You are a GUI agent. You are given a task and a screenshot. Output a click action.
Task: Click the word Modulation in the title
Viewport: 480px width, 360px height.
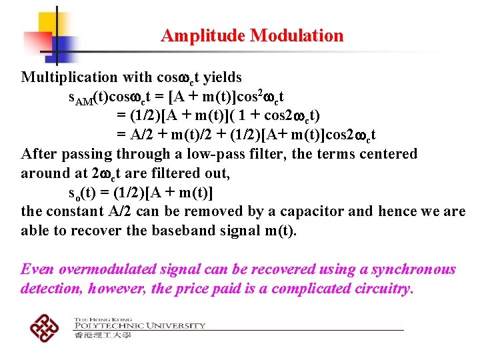tap(297, 36)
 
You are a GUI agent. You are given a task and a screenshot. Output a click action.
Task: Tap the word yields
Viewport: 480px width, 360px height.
tap(222, 77)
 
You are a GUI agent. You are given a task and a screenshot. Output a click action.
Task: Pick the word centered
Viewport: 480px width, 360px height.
tap(388, 154)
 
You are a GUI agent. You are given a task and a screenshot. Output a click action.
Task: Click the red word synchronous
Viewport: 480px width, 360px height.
tap(413, 270)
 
